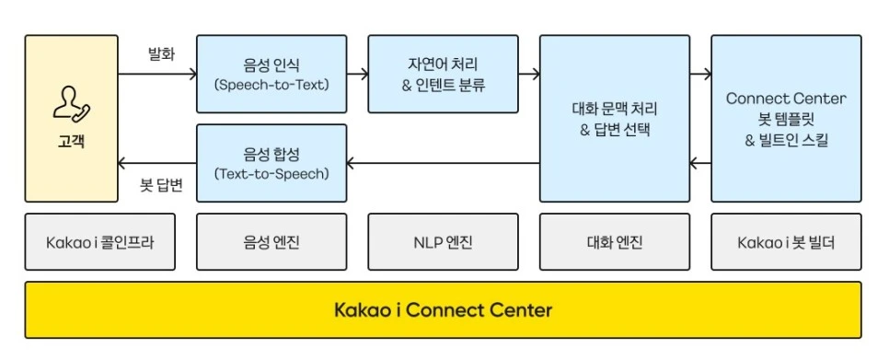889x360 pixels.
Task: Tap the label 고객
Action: click(x=72, y=141)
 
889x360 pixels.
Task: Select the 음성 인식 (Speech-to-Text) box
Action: click(x=271, y=74)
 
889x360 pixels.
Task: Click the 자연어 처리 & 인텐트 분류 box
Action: click(x=443, y=74)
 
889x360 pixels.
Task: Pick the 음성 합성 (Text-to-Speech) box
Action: click(x=271, y=163)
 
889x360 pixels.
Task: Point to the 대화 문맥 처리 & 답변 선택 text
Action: click(x=615, y=119)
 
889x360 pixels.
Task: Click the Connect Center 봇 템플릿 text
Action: click(x=786, y=109)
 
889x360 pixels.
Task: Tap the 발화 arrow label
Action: click(x=161, y=55)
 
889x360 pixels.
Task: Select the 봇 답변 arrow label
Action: click(x=161, y=186)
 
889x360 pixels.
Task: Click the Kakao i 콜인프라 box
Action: click(x=99, y=241)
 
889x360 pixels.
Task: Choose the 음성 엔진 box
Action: click(x=271, y=241)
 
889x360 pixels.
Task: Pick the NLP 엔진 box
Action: click(x=443, y=241)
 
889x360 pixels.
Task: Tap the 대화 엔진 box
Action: click(x=615, y=241)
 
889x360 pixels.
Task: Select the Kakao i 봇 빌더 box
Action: click(x=786, y=241)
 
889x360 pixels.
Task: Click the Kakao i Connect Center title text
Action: click(x=443, y=310)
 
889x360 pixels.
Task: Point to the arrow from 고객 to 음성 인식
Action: click(x=157, y=74)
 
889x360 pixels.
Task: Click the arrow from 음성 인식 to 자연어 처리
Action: click(x=358, y=74)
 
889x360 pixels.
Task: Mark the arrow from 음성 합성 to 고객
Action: click(x=157, y=163)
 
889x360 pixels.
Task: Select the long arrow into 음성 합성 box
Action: click(x=444, y=163)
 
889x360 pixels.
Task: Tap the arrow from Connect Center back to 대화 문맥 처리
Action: click(x=700, y=163)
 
